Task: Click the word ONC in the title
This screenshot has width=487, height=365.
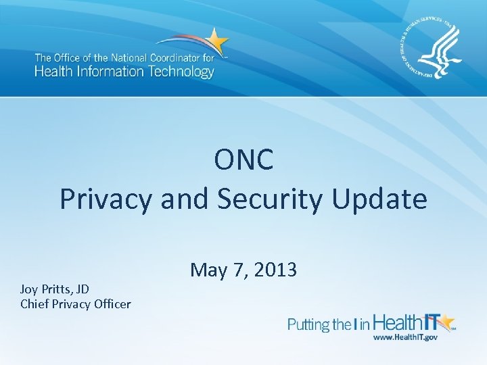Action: (243, 160)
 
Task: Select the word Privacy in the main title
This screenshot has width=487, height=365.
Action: (106, 199)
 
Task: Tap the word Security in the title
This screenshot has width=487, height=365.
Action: (275, 199)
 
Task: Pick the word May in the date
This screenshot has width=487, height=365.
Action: (208, 270)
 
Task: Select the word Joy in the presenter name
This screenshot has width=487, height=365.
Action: (30, 289)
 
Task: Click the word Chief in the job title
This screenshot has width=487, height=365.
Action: (35, 304)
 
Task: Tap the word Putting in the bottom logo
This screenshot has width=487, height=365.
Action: (309, 325)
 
